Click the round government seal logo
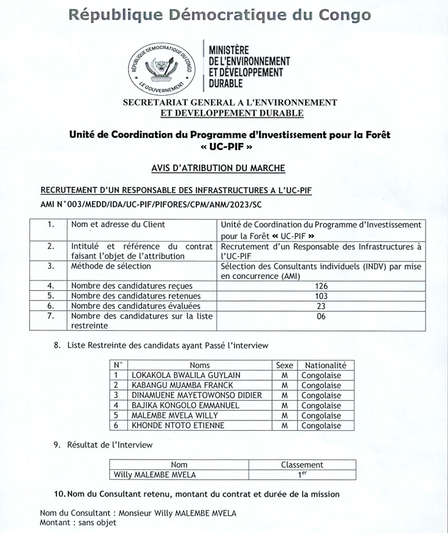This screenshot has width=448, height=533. tap(163, 66)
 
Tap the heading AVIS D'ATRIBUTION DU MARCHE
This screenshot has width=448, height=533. tap(218, 168)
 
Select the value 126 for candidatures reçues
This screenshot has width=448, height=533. tap(321, 286)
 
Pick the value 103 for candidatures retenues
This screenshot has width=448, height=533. tap(321, 296)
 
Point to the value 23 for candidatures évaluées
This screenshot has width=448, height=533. tap(321, 306)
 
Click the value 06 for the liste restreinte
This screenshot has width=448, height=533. tap(321, 316)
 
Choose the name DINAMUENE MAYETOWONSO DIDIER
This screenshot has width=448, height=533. tap(196, 396)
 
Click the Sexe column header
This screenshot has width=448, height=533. tap(284, 365)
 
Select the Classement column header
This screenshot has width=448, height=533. tap(302, 465)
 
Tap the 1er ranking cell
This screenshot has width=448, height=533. tap(302, 475)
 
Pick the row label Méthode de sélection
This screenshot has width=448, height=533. tap(111, 266)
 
